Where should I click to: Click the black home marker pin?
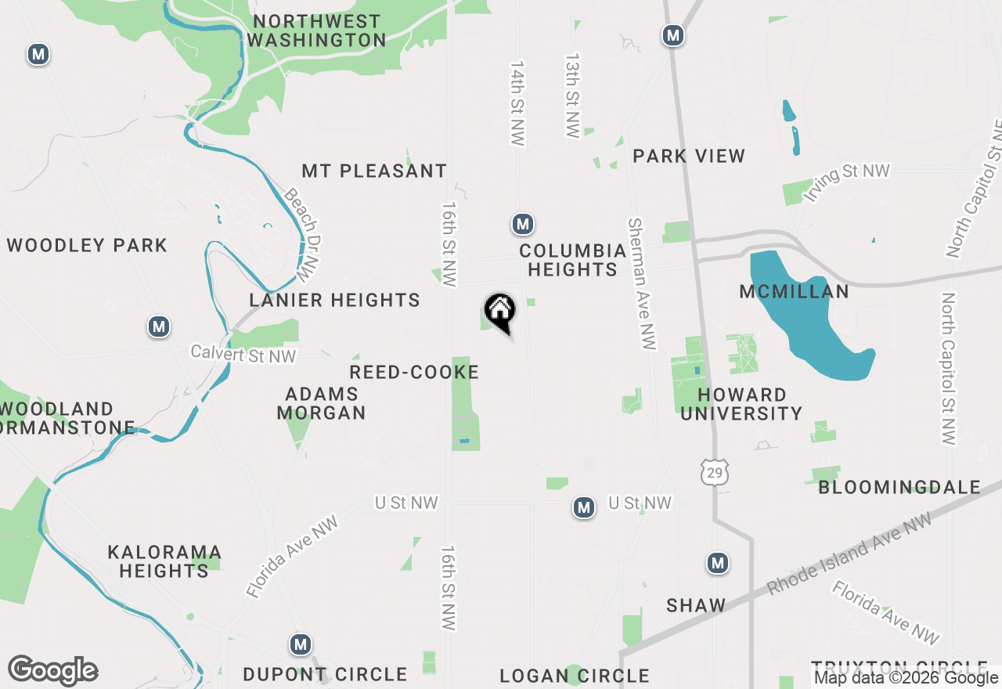coord(500,312)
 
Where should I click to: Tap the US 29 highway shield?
coord(713,472)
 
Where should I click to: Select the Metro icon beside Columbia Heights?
coord(523,225)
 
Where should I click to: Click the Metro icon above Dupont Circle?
coord(300,645)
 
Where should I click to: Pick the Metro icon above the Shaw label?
coord(718,563)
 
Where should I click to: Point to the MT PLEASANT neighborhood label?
coord(374,171)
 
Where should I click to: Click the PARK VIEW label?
coord(689,156)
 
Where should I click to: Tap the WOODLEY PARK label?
coord(87,245)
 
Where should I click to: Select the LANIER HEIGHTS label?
coord(334,300)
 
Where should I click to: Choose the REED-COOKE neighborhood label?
coord(414,372)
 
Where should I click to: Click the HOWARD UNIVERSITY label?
coord(741,404)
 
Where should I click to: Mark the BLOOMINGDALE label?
coord(899,487)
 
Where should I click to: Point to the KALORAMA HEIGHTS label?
coord(164,561)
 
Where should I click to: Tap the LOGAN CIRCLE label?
coord(575,675)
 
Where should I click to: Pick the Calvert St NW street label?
coord(244,355)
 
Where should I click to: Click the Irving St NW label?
coord(847,182)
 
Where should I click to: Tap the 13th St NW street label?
coord(574,96)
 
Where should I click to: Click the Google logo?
coord(53,671)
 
